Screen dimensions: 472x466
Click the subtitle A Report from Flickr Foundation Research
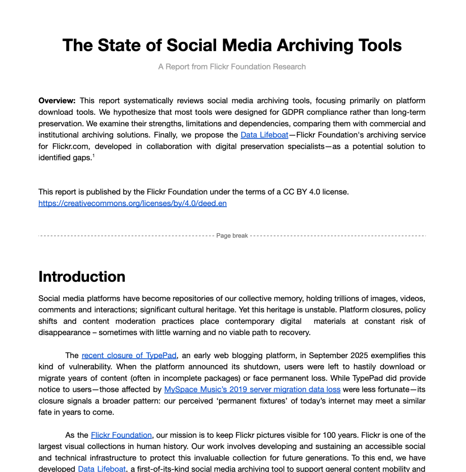click(x=232, y=67)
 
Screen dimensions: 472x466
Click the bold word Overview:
click(x=57, y=100)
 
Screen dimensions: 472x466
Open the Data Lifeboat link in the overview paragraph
click(x=264, y=135)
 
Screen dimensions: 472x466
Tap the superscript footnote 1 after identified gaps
click(x=93, y=156)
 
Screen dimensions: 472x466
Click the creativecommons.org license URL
click(x=132, y=203)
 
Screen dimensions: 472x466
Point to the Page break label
click(x=232, y=236)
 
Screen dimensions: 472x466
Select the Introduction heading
click(x=82, y=277)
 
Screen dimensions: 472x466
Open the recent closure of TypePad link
click(x=130, y=355)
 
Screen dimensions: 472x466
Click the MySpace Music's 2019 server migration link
click(x=252, y=389)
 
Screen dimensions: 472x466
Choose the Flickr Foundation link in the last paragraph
click(x=121, y=435)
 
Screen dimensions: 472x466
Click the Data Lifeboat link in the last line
click(x=101, y=468)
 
